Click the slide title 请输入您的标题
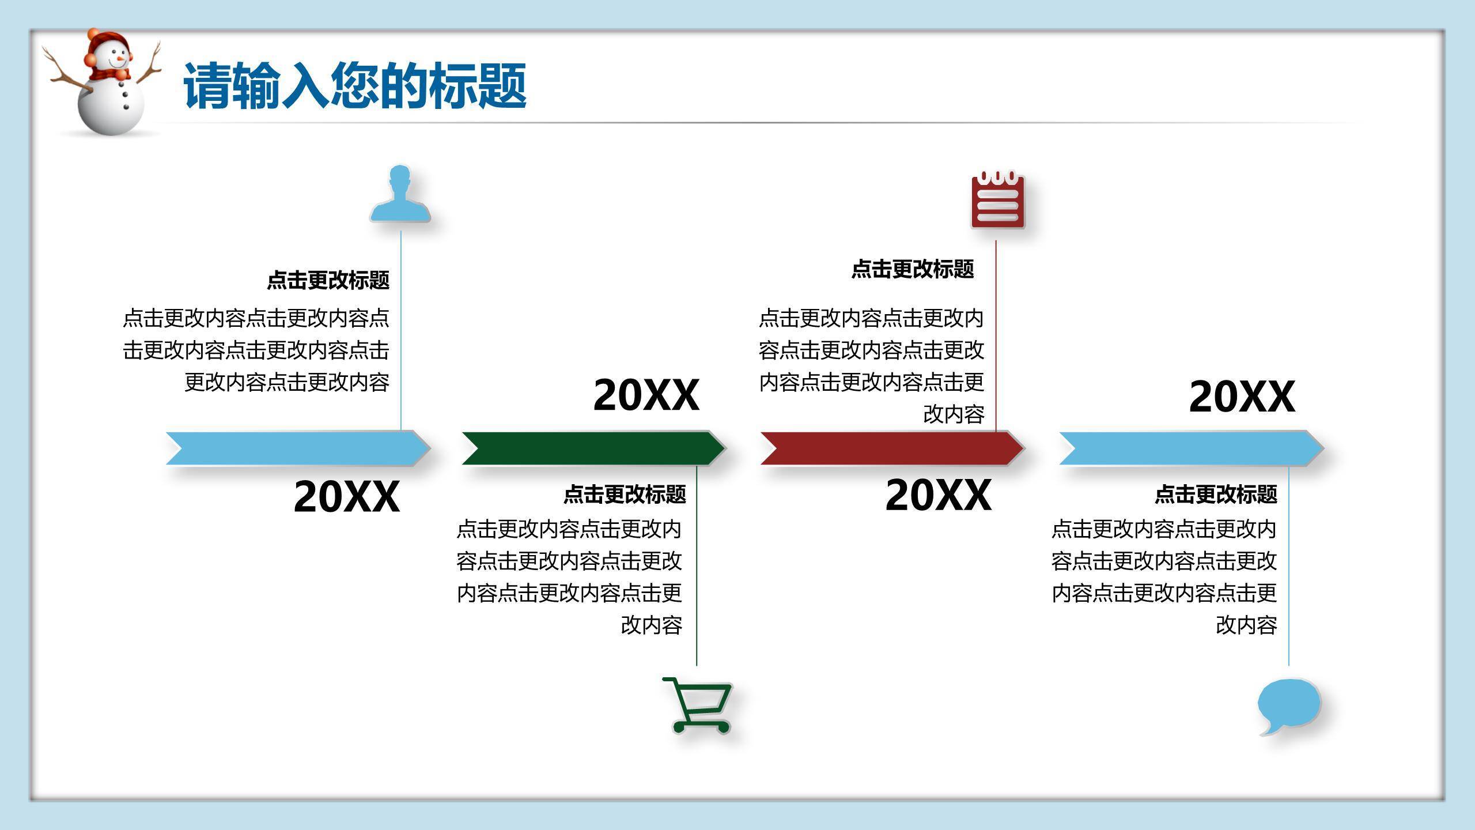[354, 86]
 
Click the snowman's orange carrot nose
[120, 58]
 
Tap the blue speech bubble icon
[1288, 704]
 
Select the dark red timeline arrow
[891, 448]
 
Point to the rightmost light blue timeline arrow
[1190, 448]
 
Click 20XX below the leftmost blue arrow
[346, 496]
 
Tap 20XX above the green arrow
[646, 395]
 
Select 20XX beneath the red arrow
[938, 495]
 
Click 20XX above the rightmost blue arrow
[1242, 397]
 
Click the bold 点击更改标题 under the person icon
[328, 280]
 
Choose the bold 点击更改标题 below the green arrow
[625, 494]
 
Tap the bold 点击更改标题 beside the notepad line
[913, 269]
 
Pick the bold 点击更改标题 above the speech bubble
[1216, 494]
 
